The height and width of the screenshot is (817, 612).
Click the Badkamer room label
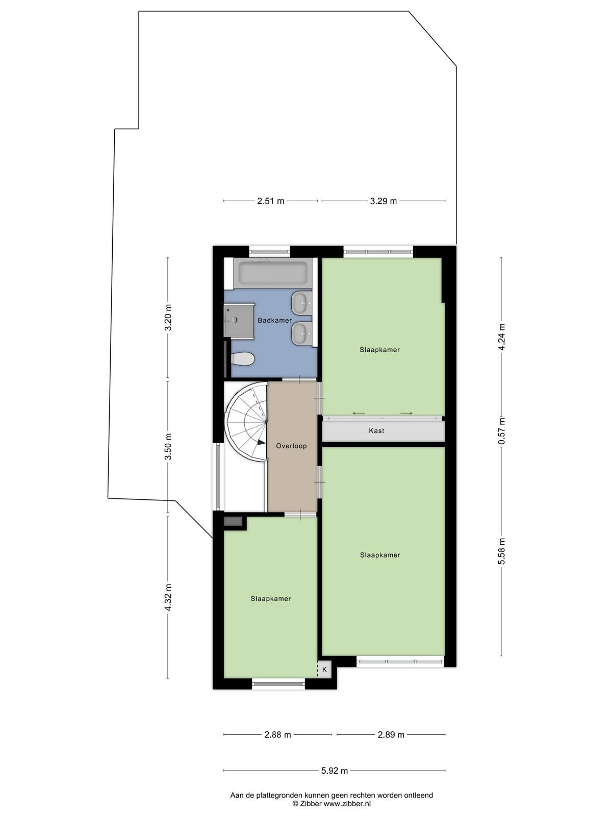(274, 320)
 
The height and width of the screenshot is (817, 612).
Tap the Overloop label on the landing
(291, 446)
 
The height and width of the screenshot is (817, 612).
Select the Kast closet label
(376, 430)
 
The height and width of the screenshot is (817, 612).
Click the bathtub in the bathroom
(273, 273)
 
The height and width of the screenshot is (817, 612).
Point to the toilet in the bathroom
(242, 359)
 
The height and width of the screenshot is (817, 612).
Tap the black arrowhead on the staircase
(262, 443)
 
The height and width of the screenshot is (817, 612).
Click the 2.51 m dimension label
(270, 201)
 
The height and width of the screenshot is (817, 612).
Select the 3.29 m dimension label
(383, 201)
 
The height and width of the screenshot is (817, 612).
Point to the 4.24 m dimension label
(502, 337)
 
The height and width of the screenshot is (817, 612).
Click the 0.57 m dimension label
(502, 430)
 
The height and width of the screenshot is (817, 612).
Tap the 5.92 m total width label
(335, 771)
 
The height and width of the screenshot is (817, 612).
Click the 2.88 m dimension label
(277, 735)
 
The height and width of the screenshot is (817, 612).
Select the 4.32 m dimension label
(168, 597)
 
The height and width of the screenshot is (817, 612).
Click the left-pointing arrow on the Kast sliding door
(359, 413)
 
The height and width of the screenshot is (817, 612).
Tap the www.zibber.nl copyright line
(331, 804)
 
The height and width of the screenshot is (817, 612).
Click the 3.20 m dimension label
(168, 318)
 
